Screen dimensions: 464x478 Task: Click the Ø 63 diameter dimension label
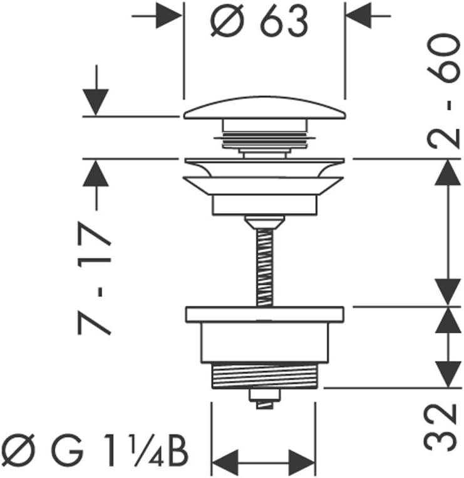(x=259, y=21)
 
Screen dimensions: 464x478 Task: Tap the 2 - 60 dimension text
(x=443, y=91)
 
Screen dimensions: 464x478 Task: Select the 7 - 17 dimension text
(x=94, y=278)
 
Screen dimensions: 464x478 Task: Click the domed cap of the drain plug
(x=264, y=108)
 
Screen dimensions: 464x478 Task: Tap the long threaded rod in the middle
(x=265, y=267)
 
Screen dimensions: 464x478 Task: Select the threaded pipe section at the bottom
(x=264, y=376)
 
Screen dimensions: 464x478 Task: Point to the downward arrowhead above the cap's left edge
(x=96, y=102)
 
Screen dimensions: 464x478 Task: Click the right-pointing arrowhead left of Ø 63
(x=169, y=16)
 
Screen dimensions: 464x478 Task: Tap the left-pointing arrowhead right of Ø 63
(x=359, y=16)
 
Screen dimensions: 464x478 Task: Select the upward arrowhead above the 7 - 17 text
(x=96, y=173)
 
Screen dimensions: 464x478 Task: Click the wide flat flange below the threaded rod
(x=265, y=314)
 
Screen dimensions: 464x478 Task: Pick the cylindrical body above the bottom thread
(x=265, y=343)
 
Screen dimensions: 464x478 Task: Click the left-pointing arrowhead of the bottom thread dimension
(x=225, y=462)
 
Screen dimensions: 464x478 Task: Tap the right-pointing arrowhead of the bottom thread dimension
(x=302, y=462)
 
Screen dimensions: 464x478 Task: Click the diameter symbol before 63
(x=227, y=21)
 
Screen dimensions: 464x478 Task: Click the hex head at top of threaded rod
(x=264, y=222)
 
